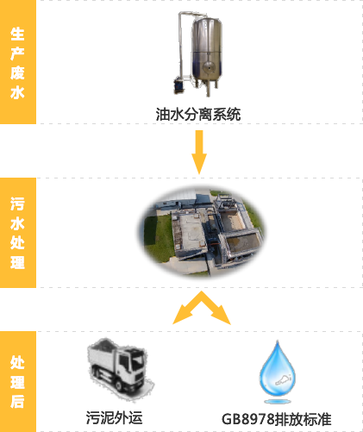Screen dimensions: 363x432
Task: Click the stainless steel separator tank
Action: (207, 53)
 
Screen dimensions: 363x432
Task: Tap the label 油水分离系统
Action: (198, 114)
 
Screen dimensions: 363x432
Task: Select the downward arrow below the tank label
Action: (199, 152)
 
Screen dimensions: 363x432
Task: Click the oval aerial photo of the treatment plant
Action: (201, 232)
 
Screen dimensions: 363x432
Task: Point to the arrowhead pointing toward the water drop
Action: (222, 316)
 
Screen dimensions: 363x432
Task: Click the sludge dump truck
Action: (120, 368)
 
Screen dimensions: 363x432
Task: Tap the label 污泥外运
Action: (114, 417)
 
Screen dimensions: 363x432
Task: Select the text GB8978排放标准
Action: (277, 419)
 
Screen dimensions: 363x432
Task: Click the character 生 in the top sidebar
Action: (17, 34)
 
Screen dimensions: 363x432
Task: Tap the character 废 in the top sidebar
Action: (17, 72)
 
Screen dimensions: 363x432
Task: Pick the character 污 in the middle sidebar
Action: (17, 203)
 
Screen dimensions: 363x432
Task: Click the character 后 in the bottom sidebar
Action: (17, 401)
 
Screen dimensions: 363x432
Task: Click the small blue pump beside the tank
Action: (178, 85)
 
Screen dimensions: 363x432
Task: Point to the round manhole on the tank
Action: (209, 67)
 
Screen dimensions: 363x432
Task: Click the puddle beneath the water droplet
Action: (278, 401)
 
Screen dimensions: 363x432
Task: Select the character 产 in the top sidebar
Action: (17, 53)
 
